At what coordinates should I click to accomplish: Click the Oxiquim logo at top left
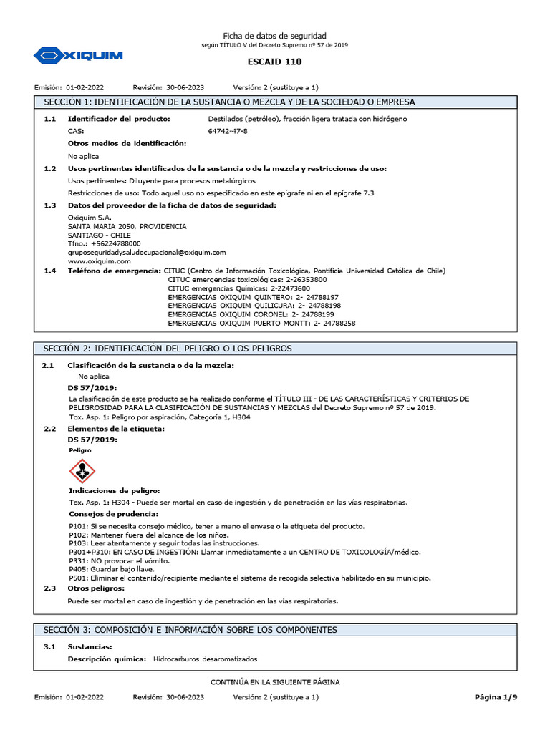pyautogui.click(x=78, y=54)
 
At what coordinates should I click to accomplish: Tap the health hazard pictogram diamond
pyautogui.click(x=82, y=471)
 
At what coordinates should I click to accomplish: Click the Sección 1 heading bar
pyautogui.click(x=275, y=102)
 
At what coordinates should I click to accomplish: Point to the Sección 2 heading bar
pyautogui.click(x=275, y=348)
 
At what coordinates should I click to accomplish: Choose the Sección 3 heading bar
pyautogui.click(x=275, y=629)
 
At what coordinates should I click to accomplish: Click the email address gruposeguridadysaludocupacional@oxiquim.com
pyautogui.click(x=147, y=252)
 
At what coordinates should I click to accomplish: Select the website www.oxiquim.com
pyautogui.click(x=95, y=261)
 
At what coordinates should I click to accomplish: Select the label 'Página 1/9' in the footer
pyautogui.click(x=495, y=696)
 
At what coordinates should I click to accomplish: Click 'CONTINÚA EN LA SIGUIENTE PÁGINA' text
pyautogui.click(x=275, y=682)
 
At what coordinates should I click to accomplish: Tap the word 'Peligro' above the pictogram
pyautogui.click(x=80, y=451)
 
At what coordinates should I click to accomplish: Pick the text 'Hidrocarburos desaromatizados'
pyautogui.click(x=205, y=659)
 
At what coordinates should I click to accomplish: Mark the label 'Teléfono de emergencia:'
pyautogui.click(x=114, y=271)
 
